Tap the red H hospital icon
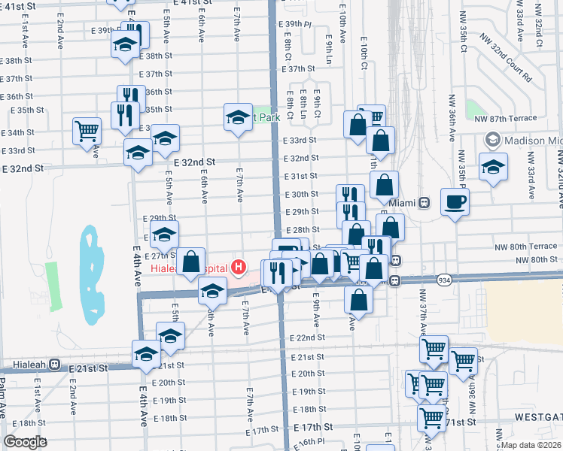[x=239, y=266]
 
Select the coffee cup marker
[x=455, y=201]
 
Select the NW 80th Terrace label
[x=525, y=246]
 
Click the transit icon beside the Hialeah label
[x=54, y=365]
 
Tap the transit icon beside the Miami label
[x=425, y=203]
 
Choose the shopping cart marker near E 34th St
[x=87, y=131]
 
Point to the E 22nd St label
[x=307, y=338]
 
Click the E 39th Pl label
[x=296, y=24]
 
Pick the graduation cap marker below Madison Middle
[x=493, y=167]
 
